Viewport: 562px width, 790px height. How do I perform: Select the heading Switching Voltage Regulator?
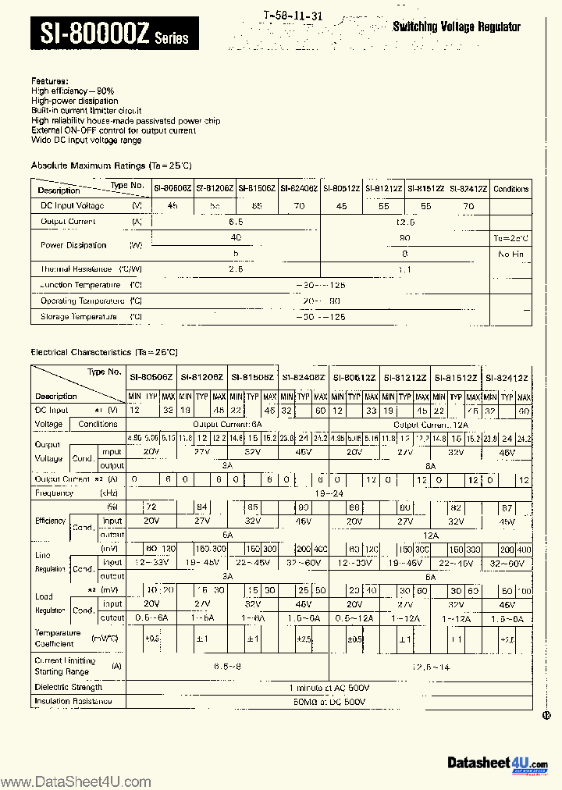tap(456, 27)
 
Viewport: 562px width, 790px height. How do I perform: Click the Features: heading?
tap(49, 81)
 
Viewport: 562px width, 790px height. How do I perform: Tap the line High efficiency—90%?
tap(73, 91)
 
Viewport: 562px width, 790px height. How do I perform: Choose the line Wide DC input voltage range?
tap(86, 141)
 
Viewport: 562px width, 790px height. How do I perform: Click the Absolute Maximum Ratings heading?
tap(111, 165)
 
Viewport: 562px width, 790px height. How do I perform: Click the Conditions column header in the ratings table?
tap(511, 189)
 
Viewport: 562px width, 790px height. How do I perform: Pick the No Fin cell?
tap(511, 254)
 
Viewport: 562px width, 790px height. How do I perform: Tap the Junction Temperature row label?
tap(80, 286)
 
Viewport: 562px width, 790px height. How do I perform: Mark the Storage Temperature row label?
tap(79, 317)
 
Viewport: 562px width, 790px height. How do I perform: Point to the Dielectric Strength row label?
tap(69, 687)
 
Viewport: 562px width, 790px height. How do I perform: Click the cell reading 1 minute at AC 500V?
tap(329, 687)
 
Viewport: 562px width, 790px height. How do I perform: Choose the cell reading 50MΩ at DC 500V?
tap(329, 702)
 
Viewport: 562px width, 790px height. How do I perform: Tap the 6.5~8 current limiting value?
tap(228, 667)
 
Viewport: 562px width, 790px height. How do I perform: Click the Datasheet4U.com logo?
tap(497, 763)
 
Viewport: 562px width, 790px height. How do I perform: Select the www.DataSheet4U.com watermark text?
tap(75, 781)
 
